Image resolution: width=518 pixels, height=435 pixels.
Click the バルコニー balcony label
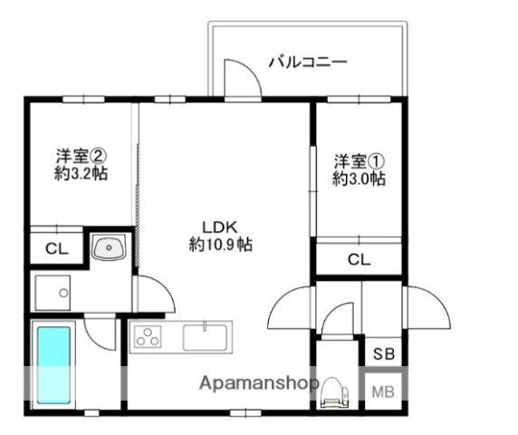point(308,63)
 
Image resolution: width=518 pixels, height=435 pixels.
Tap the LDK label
point(219,226)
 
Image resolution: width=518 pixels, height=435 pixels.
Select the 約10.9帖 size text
point(220,244)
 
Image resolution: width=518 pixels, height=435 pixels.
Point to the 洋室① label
point(359,161)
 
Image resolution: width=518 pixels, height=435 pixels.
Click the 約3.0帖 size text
point(359,179)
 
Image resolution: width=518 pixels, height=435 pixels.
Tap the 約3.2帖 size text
point(81,173)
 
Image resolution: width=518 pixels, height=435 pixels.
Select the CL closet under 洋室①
point(359,260)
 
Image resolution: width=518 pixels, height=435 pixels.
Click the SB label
point(382,353)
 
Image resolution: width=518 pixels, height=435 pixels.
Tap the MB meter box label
point(382,391)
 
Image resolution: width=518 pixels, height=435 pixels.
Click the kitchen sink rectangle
point(207,338)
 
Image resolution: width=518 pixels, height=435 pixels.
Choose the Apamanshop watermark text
point(258,383)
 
